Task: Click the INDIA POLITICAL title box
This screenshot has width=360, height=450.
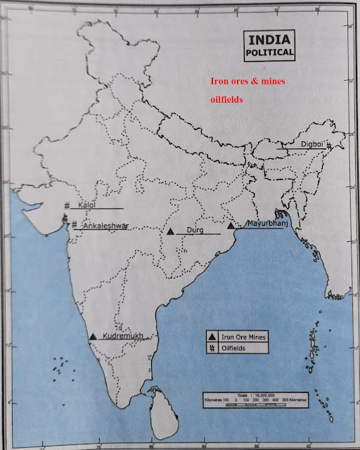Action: tap(270, 46)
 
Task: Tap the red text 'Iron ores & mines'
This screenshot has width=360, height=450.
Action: tap(249, 82)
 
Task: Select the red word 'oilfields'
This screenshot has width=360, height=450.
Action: tap(227, 100)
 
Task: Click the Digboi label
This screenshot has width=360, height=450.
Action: tap(311, 144)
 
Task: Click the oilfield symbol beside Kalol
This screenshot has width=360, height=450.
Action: tap(68, 205)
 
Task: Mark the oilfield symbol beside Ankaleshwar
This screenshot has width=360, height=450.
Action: tap(74, 226)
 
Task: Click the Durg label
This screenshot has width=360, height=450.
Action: tap(195, 230)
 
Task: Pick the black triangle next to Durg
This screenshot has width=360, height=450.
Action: tap(171, 231)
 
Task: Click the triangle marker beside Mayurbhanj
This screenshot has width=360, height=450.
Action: tap(231, 226)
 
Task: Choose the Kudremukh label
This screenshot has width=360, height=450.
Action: tap(124, 337)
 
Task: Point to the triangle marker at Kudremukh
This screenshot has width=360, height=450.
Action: tap(94, 337)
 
